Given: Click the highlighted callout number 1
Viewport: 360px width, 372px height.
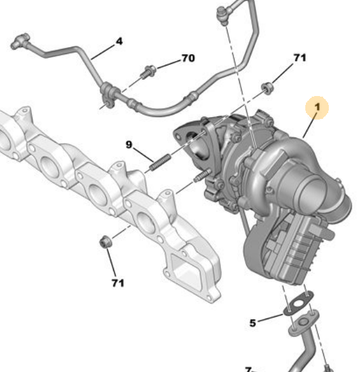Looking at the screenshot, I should coord(316,107).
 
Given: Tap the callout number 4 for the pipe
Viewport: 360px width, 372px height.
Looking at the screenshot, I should coord(118,43).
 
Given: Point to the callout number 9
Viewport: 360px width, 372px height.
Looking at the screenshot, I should coord(129,145).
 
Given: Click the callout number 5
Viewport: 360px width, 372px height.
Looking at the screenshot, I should coord(253,323).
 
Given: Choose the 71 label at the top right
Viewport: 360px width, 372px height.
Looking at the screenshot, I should coord(300,57).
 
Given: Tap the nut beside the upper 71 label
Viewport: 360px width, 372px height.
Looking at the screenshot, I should coord(268,87).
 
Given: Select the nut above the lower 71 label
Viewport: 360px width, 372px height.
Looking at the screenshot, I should coord(106,242).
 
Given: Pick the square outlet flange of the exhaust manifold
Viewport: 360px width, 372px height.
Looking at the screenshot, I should coord(190,273).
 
